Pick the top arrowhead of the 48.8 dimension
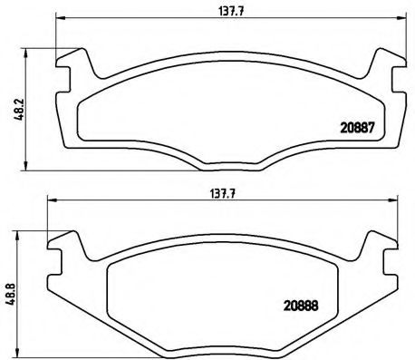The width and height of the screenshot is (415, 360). coord(24,232)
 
